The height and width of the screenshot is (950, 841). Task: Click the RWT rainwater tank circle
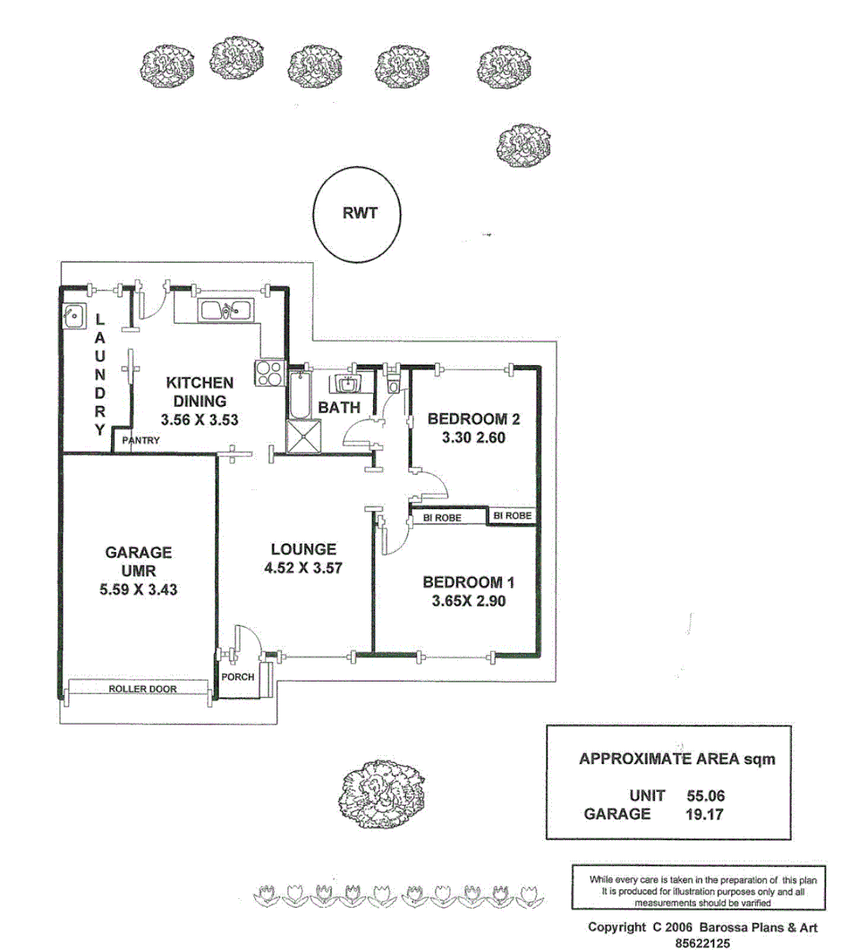tap(358, 215)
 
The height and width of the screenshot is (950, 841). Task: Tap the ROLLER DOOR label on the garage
tap(142, 690)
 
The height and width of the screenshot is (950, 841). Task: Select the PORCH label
tap(238, 677)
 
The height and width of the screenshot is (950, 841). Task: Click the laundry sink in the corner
tap(73, 316)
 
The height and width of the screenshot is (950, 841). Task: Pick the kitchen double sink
tap(225, 311)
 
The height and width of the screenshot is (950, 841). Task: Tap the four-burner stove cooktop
tap(270, 372)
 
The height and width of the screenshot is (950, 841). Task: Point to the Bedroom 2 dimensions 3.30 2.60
tap(473, 438)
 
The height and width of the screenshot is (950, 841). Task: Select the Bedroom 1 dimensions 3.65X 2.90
tap(468, 601)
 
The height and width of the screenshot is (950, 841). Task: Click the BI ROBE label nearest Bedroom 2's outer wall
tap(513, 516)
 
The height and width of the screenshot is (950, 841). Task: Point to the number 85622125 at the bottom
tap(707, 942)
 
